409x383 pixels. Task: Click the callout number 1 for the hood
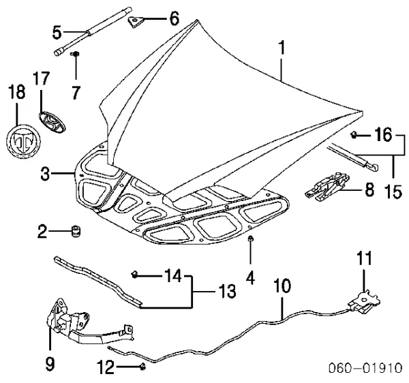coord(282,47)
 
